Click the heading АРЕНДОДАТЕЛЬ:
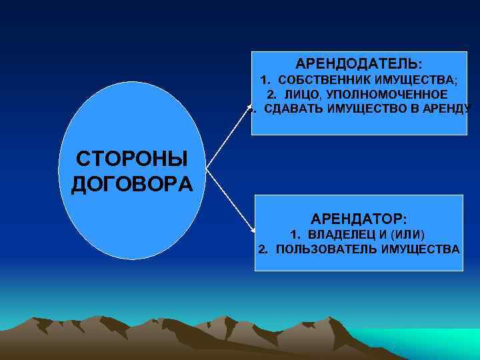[x=359, y=64]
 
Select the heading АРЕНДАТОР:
[x=359, y=218]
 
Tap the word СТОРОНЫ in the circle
[x=131, y=160]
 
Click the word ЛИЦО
[x=299, y=94]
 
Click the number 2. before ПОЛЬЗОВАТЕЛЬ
[x=263, y=249]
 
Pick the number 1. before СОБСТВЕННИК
[x=265, y=81]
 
